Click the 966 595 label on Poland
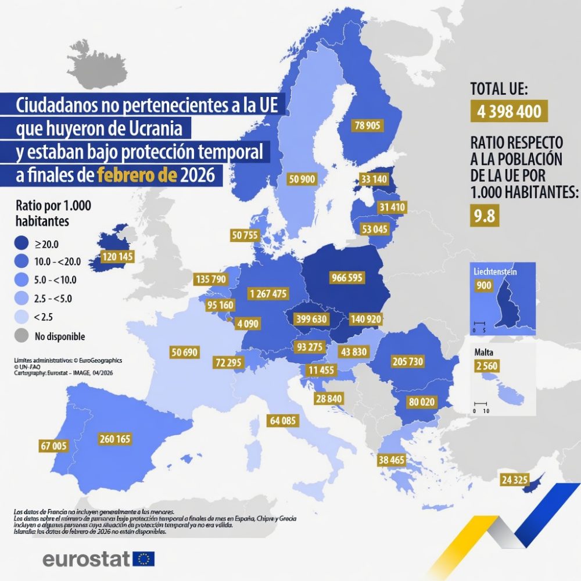point(346,278)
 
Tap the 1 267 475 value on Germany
point(267,293)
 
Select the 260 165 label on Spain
point(114,439)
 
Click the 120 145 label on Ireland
point(117,256)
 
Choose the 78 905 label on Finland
point(367,125)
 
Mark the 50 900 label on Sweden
point(302,180)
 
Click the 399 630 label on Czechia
point(311,319)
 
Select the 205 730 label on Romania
point(408,361)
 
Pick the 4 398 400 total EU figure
point(509,111)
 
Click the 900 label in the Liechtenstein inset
point(483,285)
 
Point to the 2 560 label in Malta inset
point(486,366)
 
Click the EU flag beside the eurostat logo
point(144,559)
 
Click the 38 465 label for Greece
point(391,460)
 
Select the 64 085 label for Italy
point(282,420)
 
